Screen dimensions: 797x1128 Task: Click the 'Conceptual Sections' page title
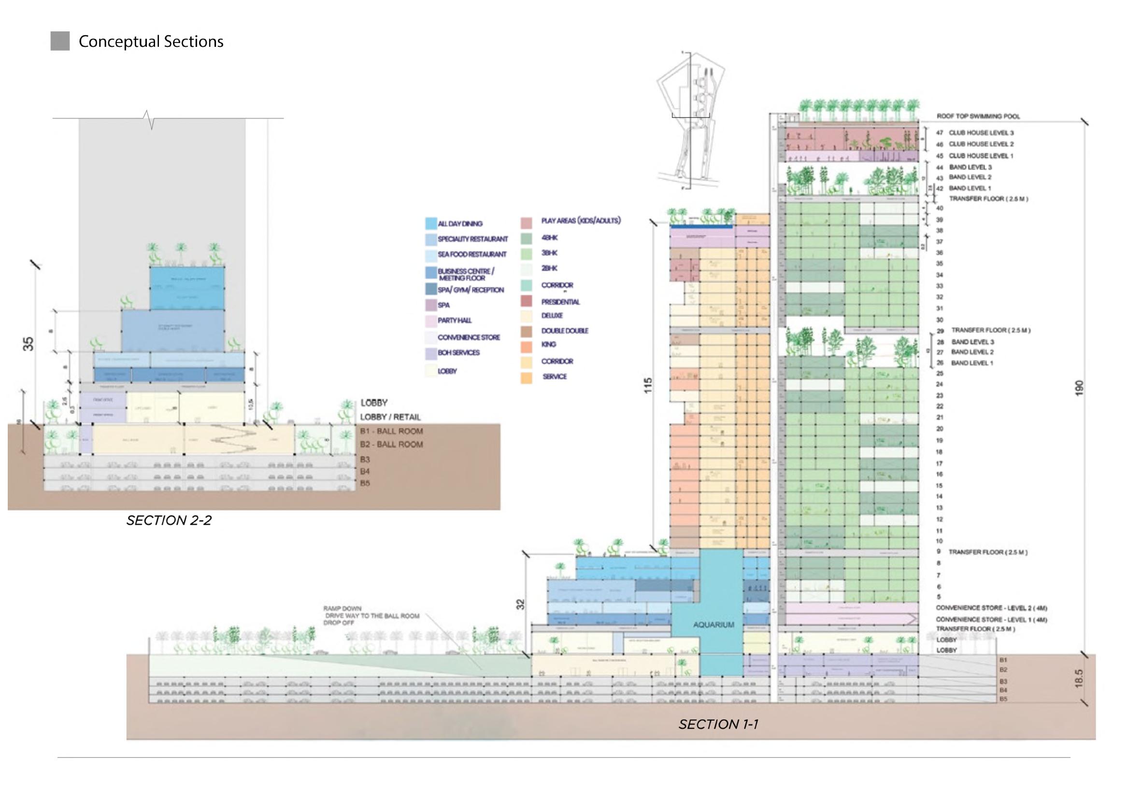pyautogui.click(x=151, y=42)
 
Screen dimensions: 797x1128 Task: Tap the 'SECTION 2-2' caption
pyautogui.click(x=169, y=520)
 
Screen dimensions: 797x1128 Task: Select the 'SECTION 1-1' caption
pyautogui.click(x=718, y=724)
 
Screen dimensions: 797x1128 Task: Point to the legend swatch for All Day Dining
pyautogui.click(x=431, y=224)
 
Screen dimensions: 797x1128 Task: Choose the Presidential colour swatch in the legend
pyautogui.click(x=526, y=302)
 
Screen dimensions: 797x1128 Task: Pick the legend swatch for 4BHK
pyautogui.click(x=526, y=238)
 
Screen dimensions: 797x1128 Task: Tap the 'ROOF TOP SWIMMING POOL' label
pyautogui.click(x=978, y=116)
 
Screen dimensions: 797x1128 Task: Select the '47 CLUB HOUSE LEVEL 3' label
pyautogui.click(x=975, y=133)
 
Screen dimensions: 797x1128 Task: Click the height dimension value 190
pyautogui.click(x=1079, y=389)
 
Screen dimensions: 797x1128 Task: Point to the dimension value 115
pyautogui.click(x=648, y=385)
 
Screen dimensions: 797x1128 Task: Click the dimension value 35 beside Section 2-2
pyautogui.click(x=29, y=344)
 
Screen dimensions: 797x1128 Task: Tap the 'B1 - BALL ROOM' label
pyautogui.click(x=391, y=431)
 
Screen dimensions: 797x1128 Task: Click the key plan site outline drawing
pyautogui.click(x=690, y=127)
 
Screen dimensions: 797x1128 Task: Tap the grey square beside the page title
pyautogui.click(x=60, y=41)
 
